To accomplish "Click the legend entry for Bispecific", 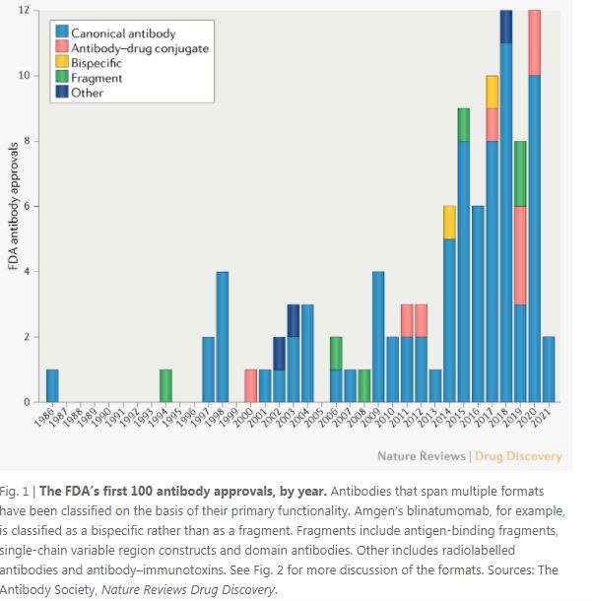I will tap(97, 63).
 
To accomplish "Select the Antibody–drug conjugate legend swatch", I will tap(63, 48).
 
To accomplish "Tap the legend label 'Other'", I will tap(87, 93).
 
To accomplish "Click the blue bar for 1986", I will tap(52, 385).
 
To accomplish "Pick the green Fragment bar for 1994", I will tap(165, 385).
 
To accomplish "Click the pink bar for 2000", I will tap(251, 385).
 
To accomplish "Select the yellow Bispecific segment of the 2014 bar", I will tap(449, 223).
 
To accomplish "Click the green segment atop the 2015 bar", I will tap(463, 124).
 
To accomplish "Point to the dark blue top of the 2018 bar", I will tap(506, 27).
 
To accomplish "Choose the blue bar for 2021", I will tap(549, 369).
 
